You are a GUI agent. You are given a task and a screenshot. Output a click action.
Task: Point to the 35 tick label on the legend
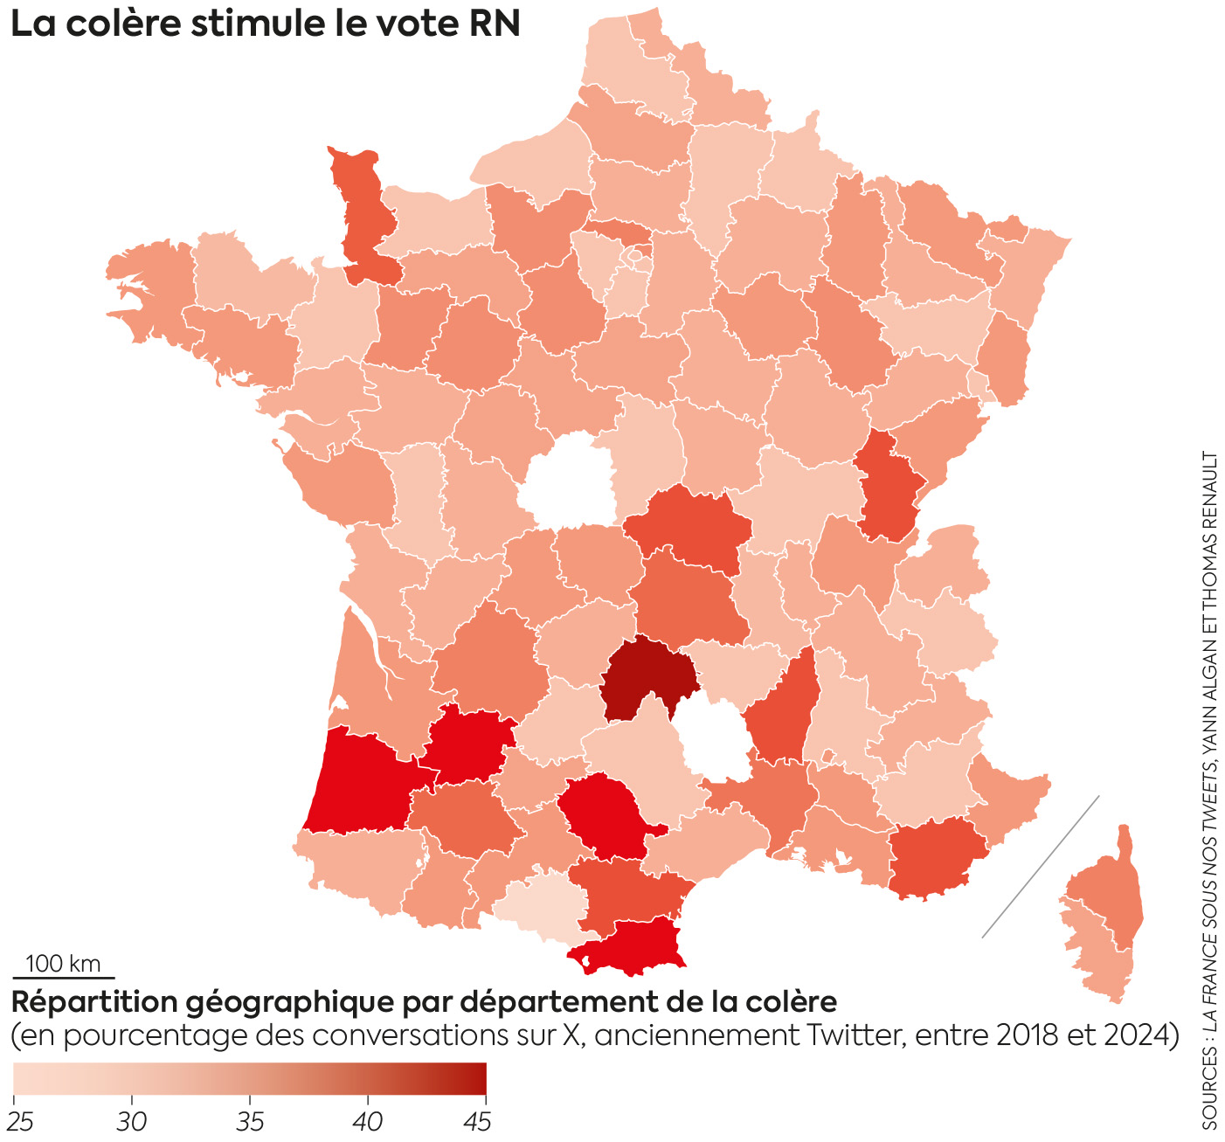click(x=250, y=1122)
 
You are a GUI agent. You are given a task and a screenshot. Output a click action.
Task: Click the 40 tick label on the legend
click(x=368, y=1122)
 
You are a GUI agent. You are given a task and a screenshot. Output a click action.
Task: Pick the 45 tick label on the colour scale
click(x=477, y=1122)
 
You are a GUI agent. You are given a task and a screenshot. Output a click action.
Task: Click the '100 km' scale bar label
click(x=63, y=964)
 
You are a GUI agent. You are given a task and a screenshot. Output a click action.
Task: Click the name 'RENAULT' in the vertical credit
click(x=1210, y=490)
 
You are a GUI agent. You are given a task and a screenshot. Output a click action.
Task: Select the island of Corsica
click(x=1105, y=917)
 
